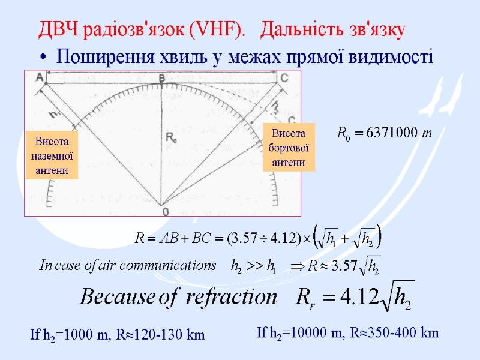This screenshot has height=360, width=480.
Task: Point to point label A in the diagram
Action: coord(40,77)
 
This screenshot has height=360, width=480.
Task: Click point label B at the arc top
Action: coord(161,78)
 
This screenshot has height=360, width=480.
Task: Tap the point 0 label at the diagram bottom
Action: coord(165,212)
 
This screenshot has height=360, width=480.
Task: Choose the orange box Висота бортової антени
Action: coord(289,147)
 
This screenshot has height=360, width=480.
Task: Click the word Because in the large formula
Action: coord(121,297)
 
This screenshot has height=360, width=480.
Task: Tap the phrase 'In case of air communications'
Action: coord(127,265)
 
